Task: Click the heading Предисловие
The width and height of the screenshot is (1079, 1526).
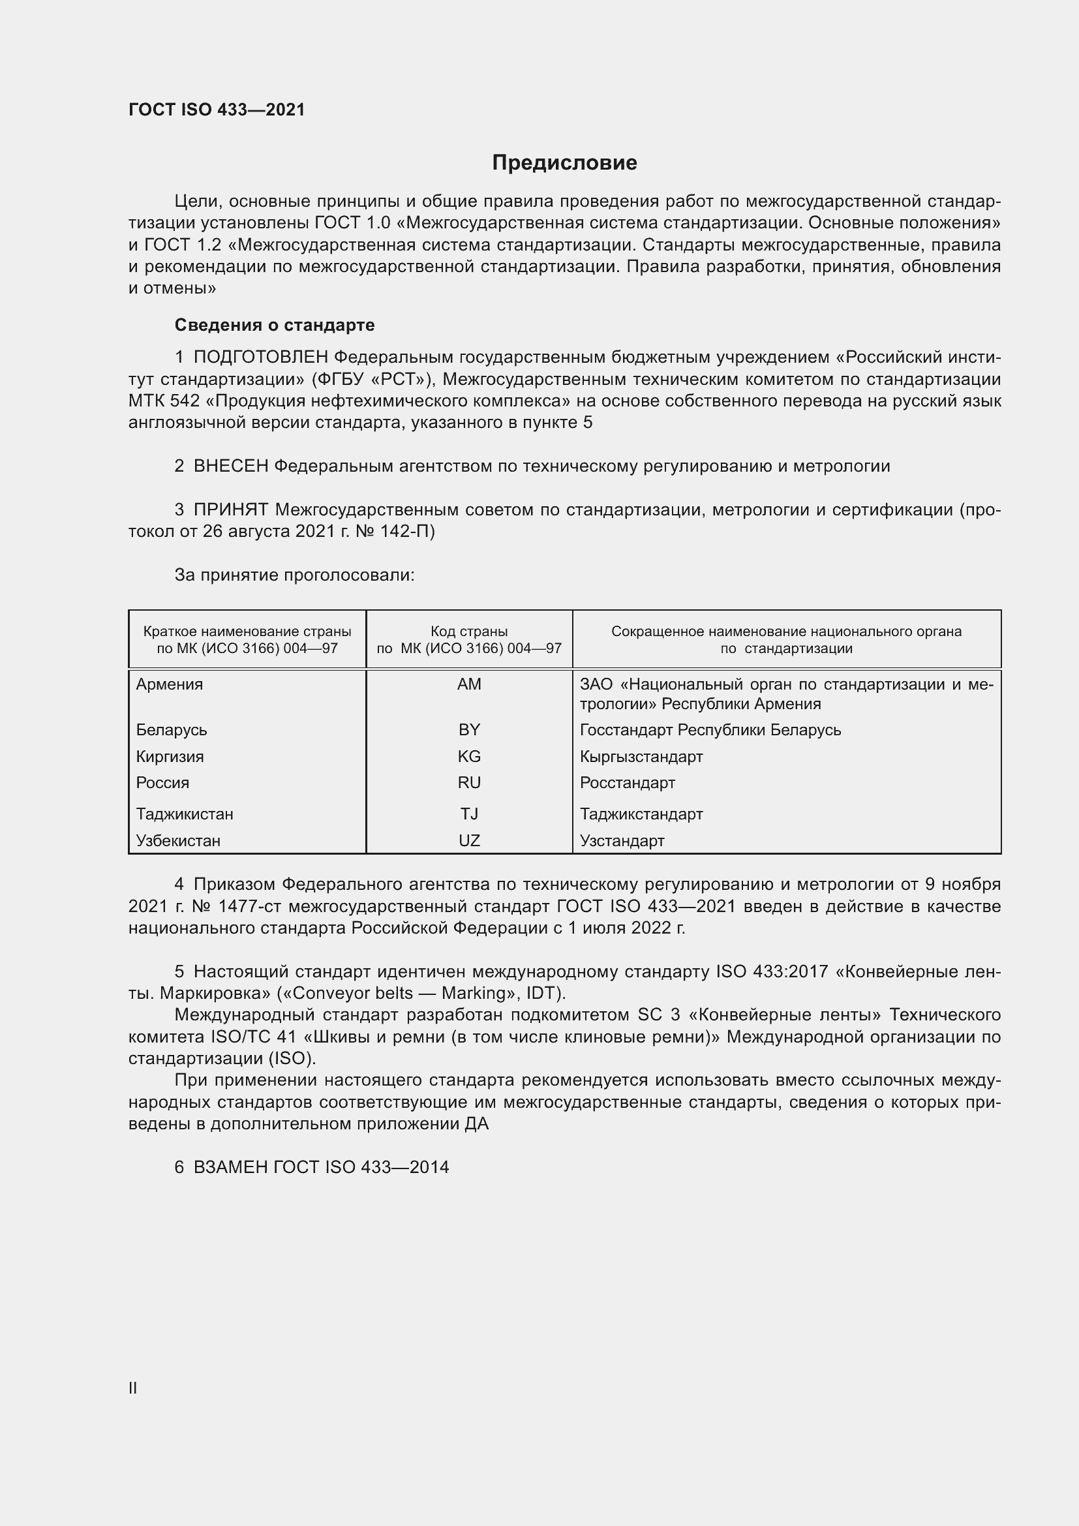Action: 564,163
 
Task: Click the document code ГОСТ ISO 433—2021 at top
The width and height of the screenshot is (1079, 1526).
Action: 217,110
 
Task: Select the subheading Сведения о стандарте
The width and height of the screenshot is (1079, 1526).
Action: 275,325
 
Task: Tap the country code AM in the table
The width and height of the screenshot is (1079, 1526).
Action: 469,684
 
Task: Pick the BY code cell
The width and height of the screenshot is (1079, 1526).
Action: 469,730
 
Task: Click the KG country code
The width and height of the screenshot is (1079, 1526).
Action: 469,756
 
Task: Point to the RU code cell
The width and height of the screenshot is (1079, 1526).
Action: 469,783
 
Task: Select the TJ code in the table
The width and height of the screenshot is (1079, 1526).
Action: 469,814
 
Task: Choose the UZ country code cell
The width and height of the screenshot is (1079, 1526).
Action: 469,841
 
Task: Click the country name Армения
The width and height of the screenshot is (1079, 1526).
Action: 170,684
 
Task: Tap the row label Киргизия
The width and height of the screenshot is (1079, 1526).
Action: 170,756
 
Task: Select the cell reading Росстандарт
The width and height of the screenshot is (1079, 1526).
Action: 627,783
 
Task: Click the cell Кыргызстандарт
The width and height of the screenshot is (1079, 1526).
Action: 641,756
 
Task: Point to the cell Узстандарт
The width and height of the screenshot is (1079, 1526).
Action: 622,841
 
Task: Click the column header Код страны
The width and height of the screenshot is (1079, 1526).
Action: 469,632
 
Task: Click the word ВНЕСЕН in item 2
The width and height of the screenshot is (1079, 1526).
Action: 230,466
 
